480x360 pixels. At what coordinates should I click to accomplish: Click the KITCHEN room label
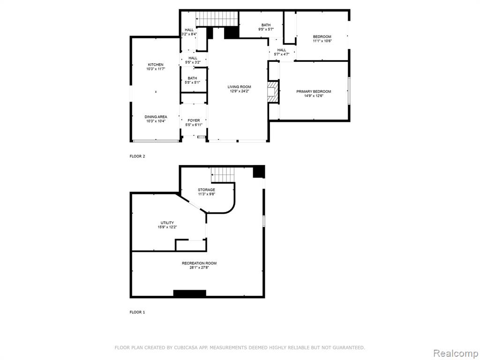(156, 65)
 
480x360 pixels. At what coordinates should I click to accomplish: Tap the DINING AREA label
(156, 117)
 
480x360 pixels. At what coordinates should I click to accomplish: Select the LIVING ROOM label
(239, 87)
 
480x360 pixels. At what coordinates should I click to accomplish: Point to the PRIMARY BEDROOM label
(314, 91)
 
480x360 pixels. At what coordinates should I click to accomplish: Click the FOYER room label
(194, 120)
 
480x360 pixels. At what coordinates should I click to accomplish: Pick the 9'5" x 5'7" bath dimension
(266, 30)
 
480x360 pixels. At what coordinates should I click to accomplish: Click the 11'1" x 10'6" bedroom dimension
(322, 41)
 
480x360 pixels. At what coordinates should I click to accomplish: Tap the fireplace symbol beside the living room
(273, 91)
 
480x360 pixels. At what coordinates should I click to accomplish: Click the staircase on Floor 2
(217, 19)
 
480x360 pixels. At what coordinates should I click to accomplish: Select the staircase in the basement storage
(223, 175)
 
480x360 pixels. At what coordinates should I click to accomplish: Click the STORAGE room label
(206, 190)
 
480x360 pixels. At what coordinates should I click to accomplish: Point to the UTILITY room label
(167, 223)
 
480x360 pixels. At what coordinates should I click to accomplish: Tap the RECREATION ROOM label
(199, 263)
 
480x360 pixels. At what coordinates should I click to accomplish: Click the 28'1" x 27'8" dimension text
(199, 268)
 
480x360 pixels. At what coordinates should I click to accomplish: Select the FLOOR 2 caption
(137, 156)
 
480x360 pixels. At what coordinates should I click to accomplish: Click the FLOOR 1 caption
(137, 312)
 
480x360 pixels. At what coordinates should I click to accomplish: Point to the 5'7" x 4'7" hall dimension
(282, 54)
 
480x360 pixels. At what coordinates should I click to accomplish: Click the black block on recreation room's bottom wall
(190, 293)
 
